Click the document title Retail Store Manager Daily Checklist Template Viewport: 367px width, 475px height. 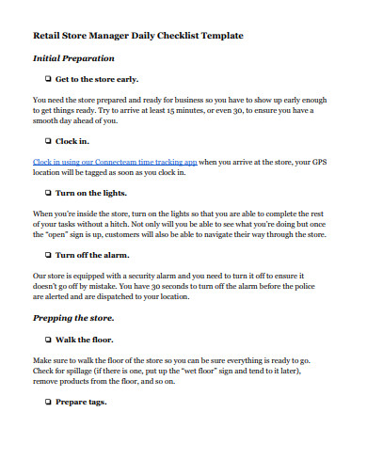coord(137,35)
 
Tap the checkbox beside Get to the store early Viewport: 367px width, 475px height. coord(47,80)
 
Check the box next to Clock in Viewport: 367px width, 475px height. coord(47,141)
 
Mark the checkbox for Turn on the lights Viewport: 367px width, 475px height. coord(47,193)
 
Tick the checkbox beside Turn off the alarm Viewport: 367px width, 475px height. coord(47,255)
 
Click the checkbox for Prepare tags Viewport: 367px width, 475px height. coord(47,402)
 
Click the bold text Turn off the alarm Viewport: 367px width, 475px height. coord(92,255)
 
